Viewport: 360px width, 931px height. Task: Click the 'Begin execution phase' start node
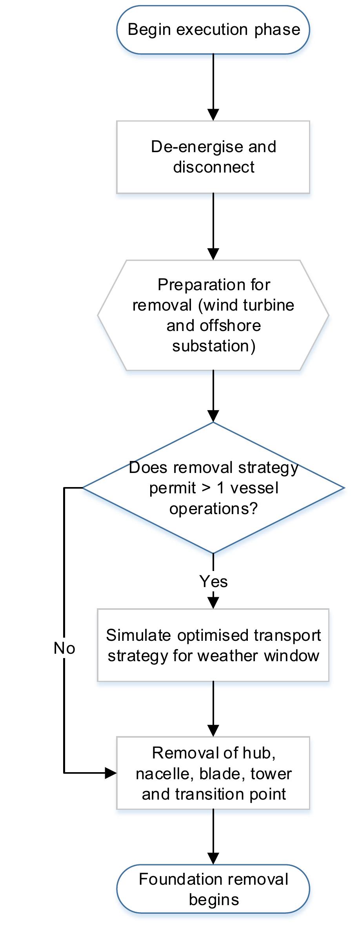tap(213, 30)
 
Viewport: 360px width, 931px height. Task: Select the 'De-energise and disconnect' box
tap(213, 157)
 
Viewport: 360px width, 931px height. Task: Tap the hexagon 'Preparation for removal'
tap(213, 315)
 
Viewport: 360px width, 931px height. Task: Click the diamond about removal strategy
tap(213, 488)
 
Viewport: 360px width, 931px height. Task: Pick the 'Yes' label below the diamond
tap(213, 581)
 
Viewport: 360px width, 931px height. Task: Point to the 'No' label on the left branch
tap(64, 648)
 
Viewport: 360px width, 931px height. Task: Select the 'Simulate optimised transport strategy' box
tap(213, 645)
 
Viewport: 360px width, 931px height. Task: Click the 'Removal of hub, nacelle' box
tap(213, 773)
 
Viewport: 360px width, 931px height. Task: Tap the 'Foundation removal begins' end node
tap(213, 889)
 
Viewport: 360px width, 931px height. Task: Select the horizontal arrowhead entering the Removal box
tap(111, 773)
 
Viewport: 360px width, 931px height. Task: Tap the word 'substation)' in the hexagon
tap(214, 346)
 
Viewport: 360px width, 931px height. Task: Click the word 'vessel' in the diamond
tap(255, 488)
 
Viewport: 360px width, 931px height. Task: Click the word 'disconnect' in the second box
tap(214, 167)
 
